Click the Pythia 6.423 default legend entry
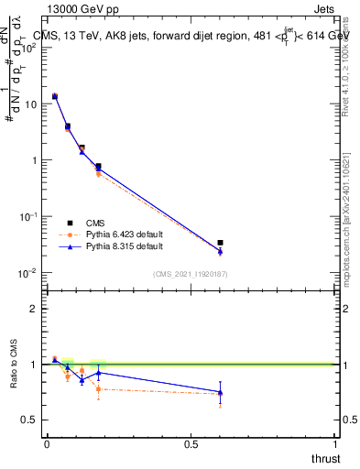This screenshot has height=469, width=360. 124,234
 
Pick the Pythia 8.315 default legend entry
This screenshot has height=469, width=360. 124,246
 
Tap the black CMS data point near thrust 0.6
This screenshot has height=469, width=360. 220,243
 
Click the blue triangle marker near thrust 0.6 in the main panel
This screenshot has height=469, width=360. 220,251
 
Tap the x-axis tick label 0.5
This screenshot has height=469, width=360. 191,444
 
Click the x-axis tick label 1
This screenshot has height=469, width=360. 335,444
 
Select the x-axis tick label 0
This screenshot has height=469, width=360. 47,444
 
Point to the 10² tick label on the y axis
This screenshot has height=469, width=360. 28,48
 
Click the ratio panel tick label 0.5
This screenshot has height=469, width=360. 29,420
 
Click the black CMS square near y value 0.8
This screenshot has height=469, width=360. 98,166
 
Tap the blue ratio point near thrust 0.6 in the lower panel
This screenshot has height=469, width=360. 220,392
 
